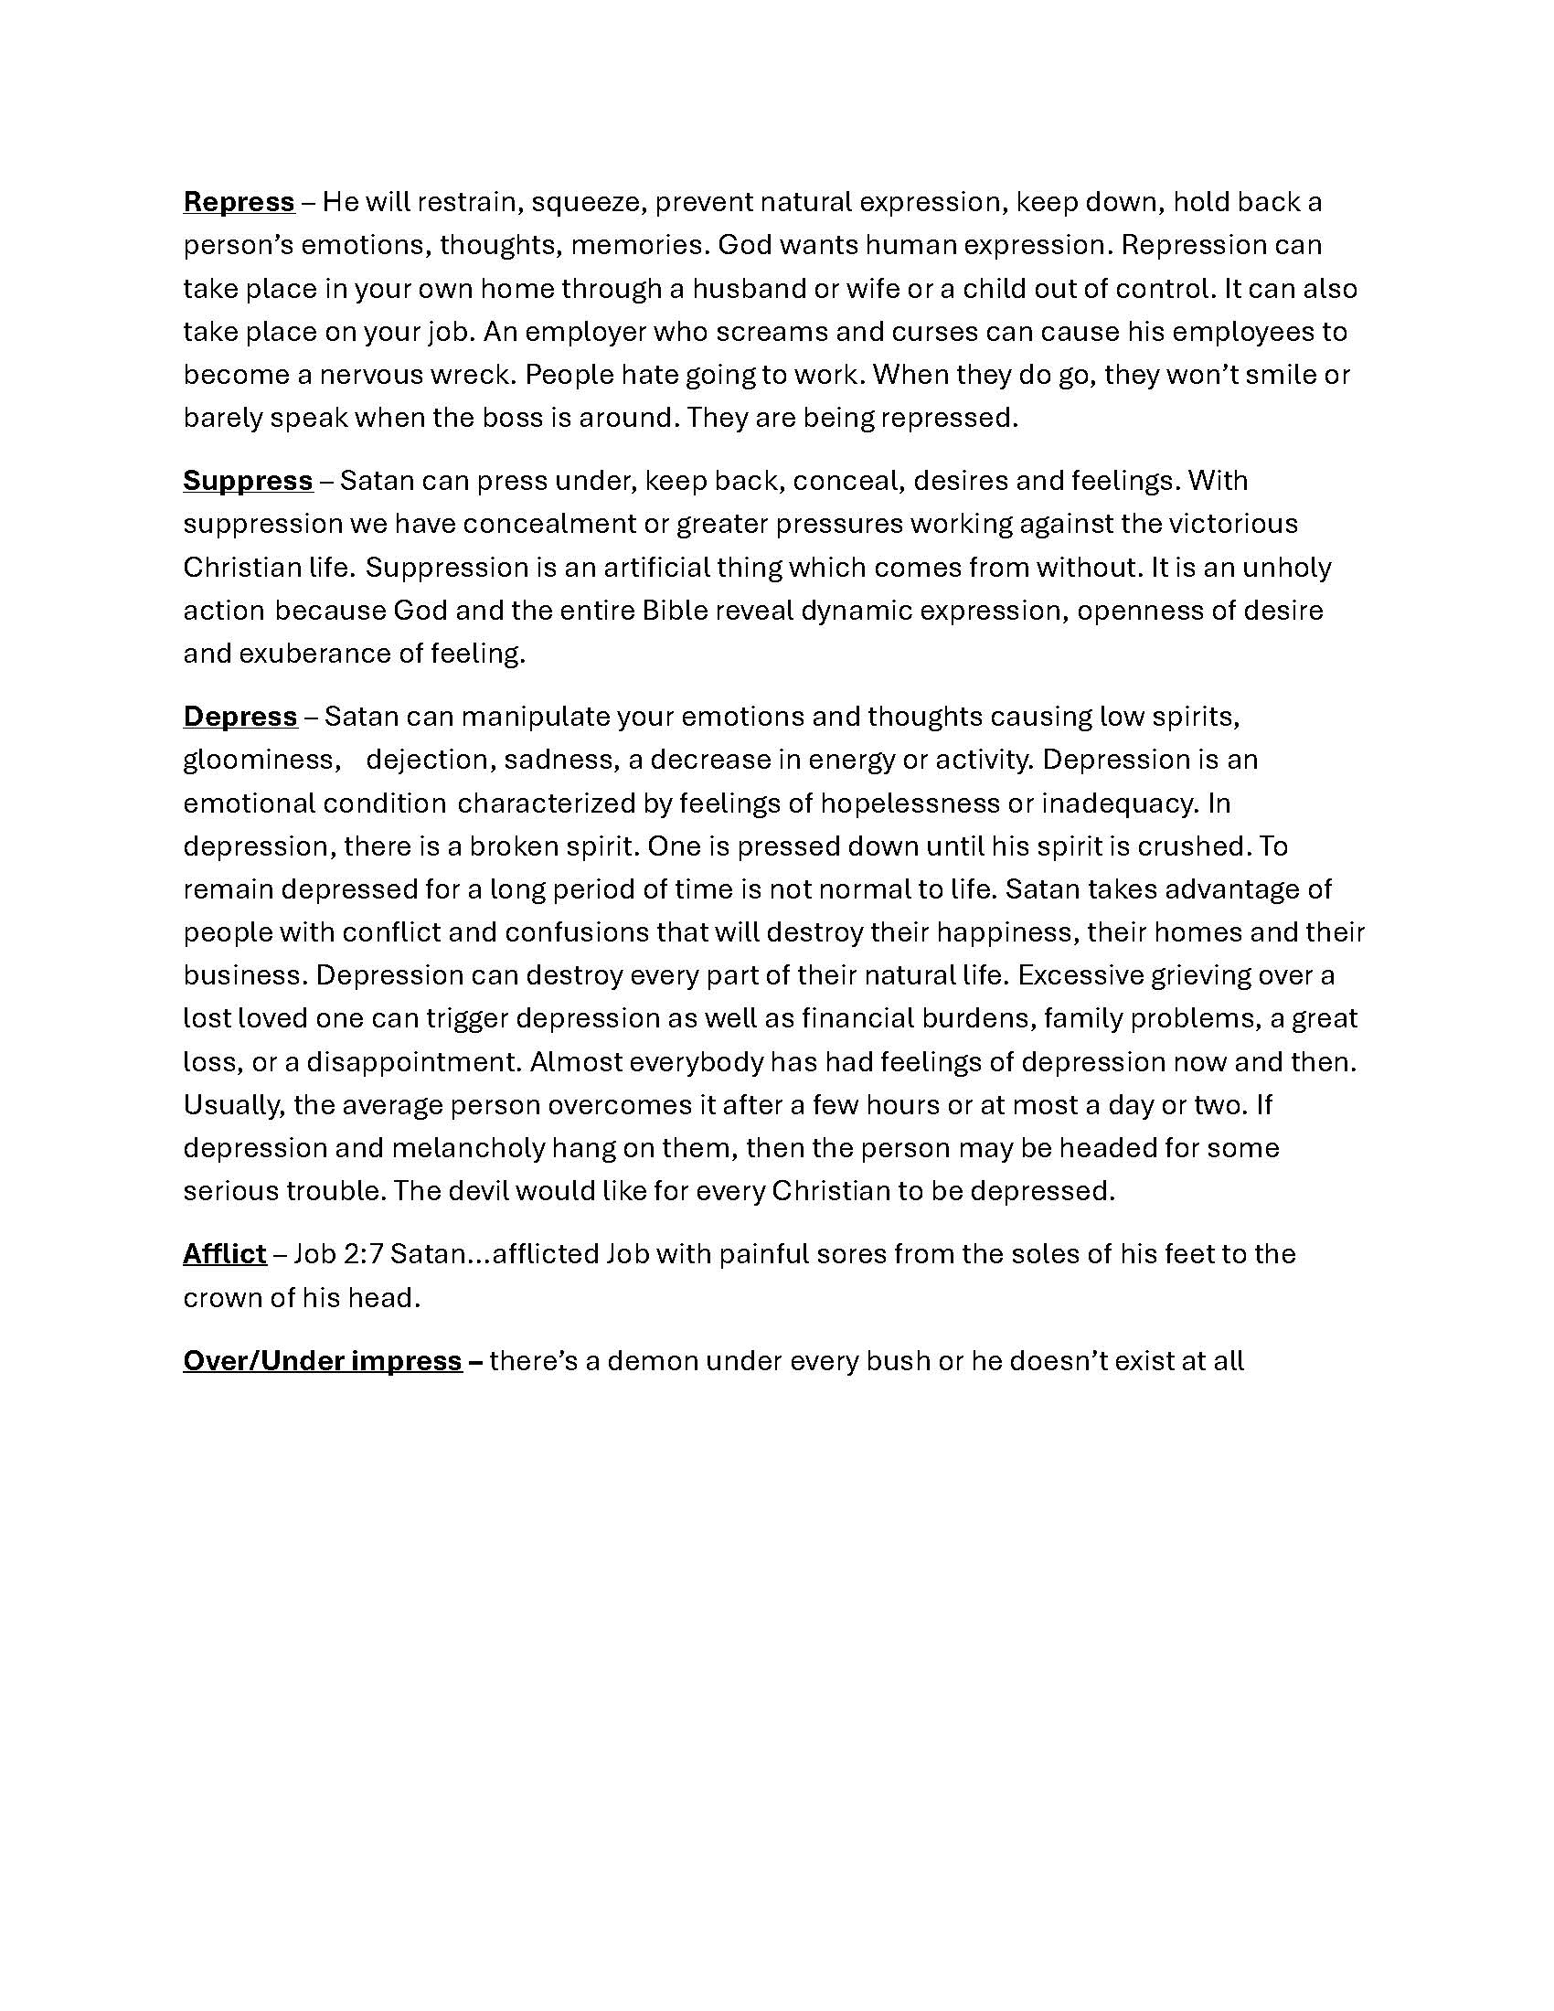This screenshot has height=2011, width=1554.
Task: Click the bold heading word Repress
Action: [239, 202]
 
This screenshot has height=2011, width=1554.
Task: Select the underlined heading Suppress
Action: [248, 481]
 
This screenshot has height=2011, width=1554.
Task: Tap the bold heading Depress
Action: [240, 717]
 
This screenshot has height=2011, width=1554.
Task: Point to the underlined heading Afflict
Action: [225, 1254]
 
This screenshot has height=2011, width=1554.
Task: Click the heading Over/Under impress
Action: [322, 1361]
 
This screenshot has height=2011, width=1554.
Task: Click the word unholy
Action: [1287, 568]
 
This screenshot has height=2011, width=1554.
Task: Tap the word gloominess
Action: [258, 760]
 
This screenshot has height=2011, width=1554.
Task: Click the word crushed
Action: [1200, 846]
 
